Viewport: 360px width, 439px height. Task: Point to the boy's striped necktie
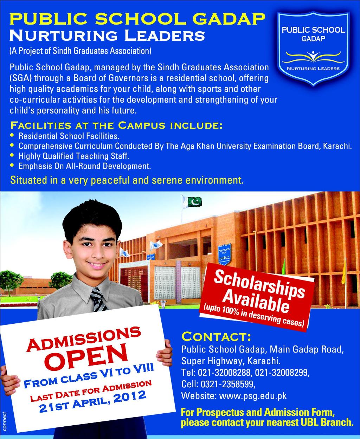98,299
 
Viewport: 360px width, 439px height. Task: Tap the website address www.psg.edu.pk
253,396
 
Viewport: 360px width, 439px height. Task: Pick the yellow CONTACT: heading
216,337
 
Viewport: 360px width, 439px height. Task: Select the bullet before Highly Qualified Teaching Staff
13,155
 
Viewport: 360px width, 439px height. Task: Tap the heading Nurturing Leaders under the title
107,36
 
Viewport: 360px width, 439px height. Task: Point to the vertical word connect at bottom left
4,420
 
